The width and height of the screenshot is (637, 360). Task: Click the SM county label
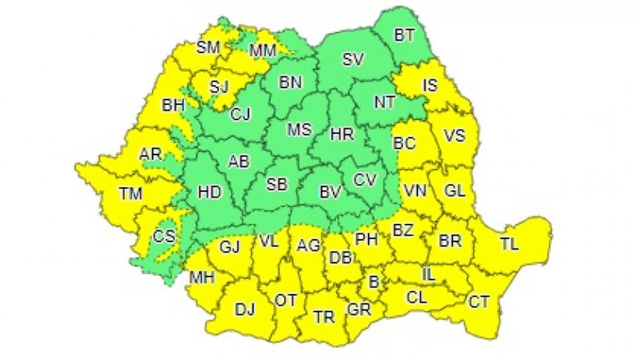coord(208,47)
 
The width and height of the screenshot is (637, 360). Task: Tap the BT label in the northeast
coord(404,35)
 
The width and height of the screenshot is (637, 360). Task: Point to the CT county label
coord(479,301)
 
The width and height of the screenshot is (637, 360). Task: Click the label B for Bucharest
coord(374,282)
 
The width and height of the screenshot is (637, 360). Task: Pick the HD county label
coord(210,192)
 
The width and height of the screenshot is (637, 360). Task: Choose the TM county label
coord(131,193)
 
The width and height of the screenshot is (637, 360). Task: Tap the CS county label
coord(164,236)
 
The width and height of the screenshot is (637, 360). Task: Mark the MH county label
coord(201,278)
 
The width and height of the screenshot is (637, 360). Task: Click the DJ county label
coord(245,309)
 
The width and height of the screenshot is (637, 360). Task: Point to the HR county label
coord(342,134)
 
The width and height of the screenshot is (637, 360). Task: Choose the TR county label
coord(324,317)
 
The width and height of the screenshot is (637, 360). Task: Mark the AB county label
coord(239,161)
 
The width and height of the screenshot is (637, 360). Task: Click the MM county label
coord(262,51)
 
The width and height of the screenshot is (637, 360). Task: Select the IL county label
coord(428,274)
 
